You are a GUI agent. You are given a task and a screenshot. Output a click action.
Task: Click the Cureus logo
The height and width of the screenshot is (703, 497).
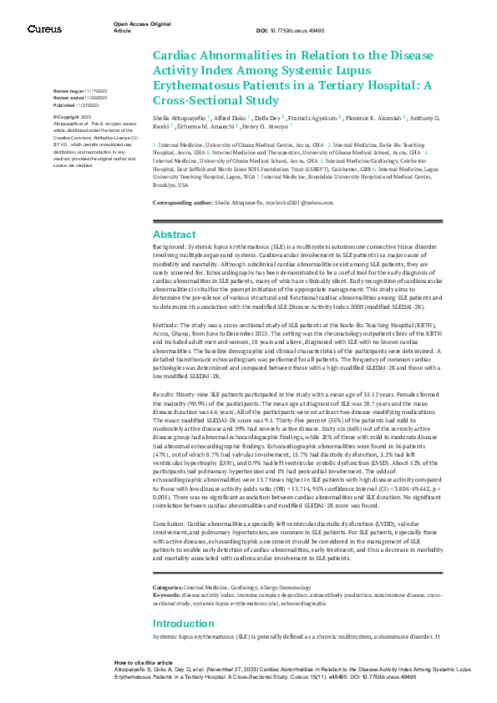click(x=44, y=29)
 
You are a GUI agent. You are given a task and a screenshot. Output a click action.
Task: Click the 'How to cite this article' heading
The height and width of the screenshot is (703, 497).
click(x=144, y=660)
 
